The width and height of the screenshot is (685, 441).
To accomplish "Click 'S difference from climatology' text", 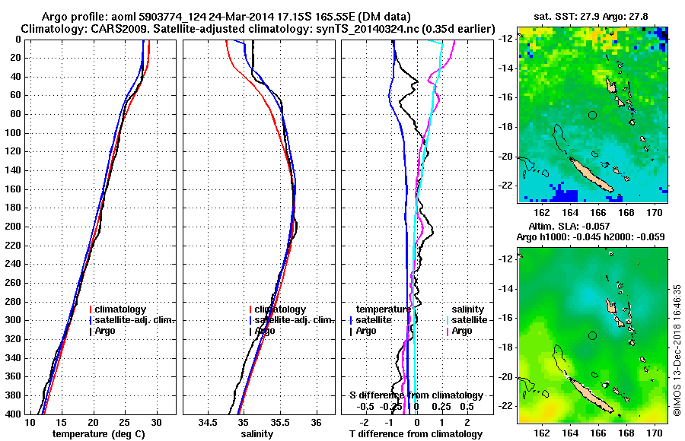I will [x=416, y=395].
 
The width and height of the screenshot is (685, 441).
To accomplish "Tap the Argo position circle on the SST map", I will [x=593, y=115].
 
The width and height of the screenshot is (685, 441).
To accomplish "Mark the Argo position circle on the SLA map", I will [x=593, y=335].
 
